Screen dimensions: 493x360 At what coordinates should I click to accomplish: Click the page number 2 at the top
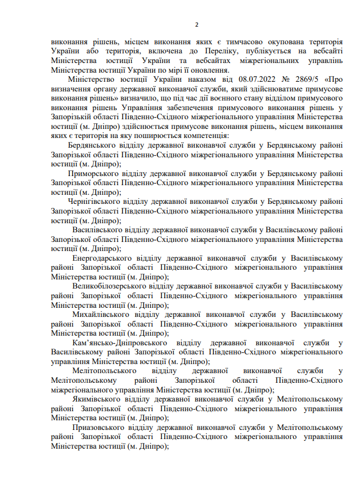click(196, 24)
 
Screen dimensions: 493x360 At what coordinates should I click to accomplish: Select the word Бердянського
click(91, 145)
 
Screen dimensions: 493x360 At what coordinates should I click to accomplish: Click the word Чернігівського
click(94, 201)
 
